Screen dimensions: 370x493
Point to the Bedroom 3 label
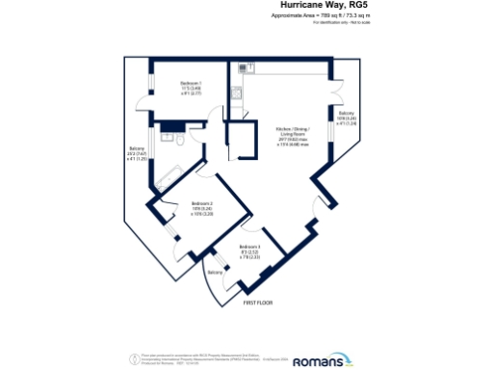(250, 251)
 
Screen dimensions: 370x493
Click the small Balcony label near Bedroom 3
(215, 273)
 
